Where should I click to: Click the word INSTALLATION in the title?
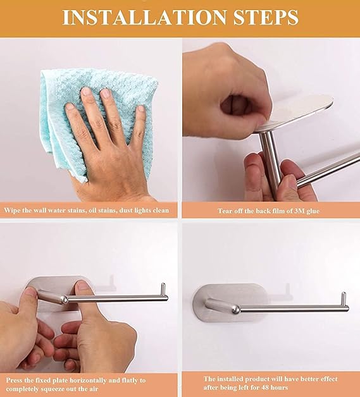144,17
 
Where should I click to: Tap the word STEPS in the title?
266,17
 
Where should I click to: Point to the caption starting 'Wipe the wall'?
87,211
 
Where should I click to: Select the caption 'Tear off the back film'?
268,211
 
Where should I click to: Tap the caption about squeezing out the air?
76,384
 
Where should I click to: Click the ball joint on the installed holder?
237,309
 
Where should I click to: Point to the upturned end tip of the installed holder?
344,294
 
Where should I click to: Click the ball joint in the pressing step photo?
64,300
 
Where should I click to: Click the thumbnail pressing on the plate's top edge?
83,286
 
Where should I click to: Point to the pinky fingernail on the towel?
140,109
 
